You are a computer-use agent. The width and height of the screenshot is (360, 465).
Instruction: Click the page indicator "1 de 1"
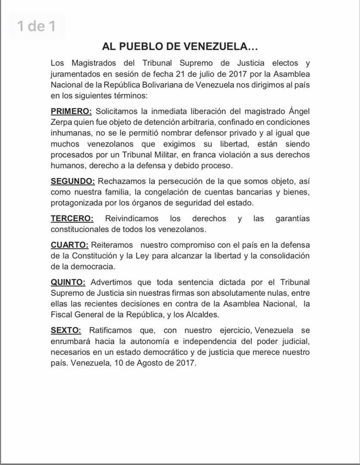(x=37, y=26)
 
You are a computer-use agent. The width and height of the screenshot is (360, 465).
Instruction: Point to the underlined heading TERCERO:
(x=72, y=218)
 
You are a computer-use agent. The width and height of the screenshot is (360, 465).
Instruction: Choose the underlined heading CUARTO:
(x=69, y=245)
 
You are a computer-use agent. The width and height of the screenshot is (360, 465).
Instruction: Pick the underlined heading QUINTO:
(x=68, y=282)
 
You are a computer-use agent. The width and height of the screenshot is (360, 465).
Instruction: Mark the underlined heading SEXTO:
(x=66, y=330)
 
